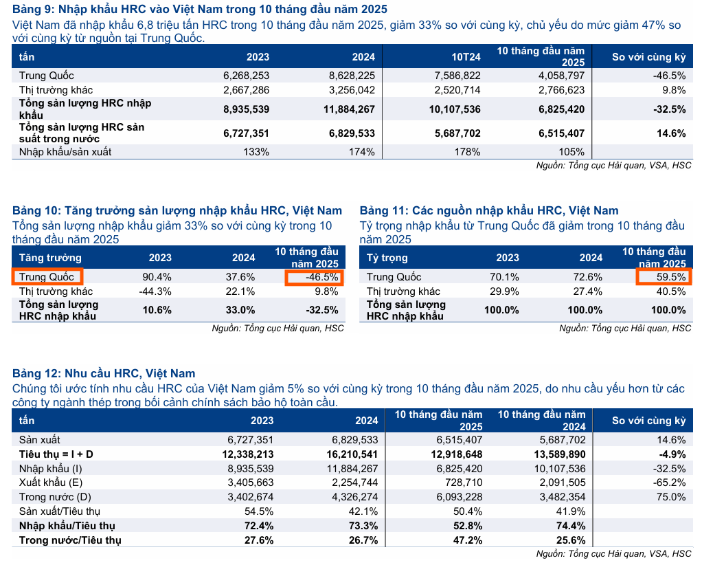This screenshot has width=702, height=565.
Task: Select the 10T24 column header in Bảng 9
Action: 466,57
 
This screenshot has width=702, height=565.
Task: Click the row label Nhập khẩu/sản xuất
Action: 65,152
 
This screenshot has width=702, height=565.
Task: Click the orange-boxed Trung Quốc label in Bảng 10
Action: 47,277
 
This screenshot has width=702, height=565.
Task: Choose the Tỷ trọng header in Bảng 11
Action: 387,258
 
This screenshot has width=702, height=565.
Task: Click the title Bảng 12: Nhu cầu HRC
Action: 104,374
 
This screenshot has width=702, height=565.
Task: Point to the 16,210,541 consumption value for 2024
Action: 348,454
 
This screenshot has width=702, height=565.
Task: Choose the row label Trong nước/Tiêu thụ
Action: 70,540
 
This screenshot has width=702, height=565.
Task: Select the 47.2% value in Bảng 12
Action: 469,540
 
